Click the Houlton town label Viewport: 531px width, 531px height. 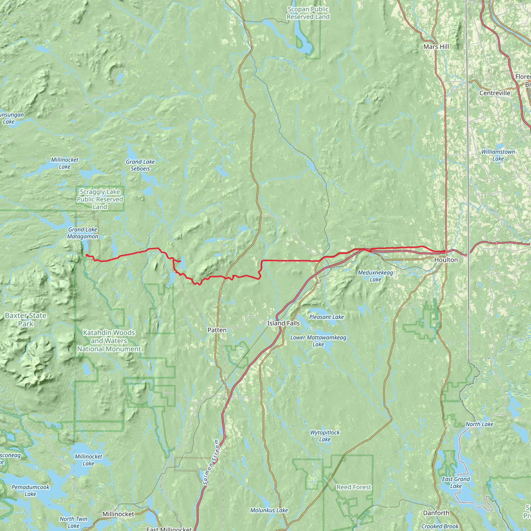pos(446,260)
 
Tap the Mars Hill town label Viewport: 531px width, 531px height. pos(436,47)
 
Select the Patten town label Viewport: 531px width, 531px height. pos(217,330)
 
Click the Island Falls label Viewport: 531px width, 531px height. pos(283,323)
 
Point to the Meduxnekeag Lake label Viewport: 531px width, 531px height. pos(375,276)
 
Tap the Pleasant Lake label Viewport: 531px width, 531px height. pos(326,317)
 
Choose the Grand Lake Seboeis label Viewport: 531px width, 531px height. pos(141,165)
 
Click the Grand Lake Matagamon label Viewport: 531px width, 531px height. pos(83,233)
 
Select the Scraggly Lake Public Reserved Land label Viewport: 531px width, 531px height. pos(100,199)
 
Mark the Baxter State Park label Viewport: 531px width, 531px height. pos(26,320)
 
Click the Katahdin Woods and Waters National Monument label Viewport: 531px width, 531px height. pos(109,341)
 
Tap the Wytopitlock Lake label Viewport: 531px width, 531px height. pos(325,436)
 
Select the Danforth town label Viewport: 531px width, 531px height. pos(436,513)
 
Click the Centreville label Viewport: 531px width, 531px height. pos(495,93)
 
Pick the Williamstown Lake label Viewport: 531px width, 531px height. pos(498,155)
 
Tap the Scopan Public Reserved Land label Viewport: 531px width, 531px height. pos(308,13)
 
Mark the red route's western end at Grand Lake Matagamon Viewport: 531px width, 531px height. pos(87,255)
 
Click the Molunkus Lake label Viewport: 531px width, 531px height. pos(269,510)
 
